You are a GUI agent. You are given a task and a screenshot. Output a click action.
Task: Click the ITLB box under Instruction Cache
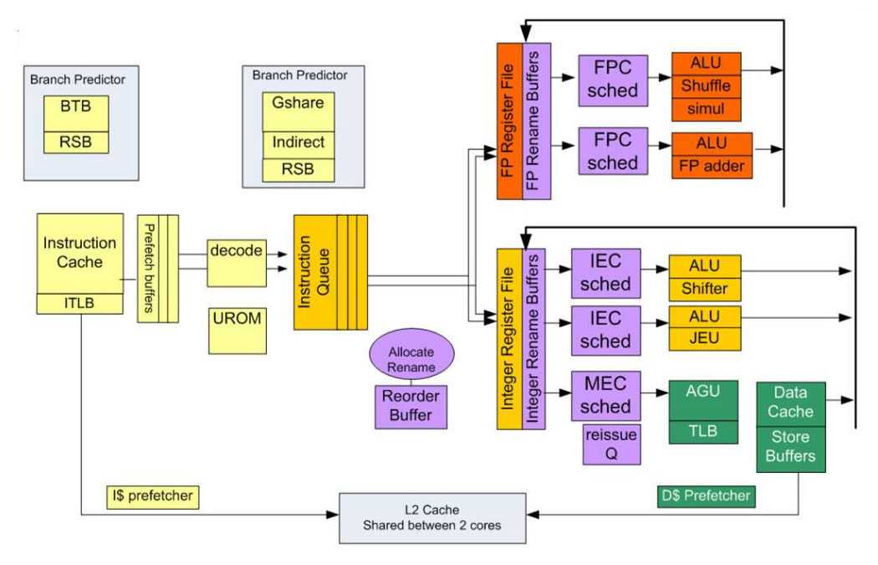tap(80, 303)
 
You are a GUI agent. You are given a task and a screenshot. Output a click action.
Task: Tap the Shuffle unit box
tap(706, 86)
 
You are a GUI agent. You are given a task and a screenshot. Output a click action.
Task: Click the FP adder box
tap(712, 166)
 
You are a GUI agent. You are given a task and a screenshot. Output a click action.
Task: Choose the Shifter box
tap(705, 290)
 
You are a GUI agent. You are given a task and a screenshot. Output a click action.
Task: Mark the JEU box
tap(705, 339)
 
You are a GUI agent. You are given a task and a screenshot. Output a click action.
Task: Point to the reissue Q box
tap(611, 443)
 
